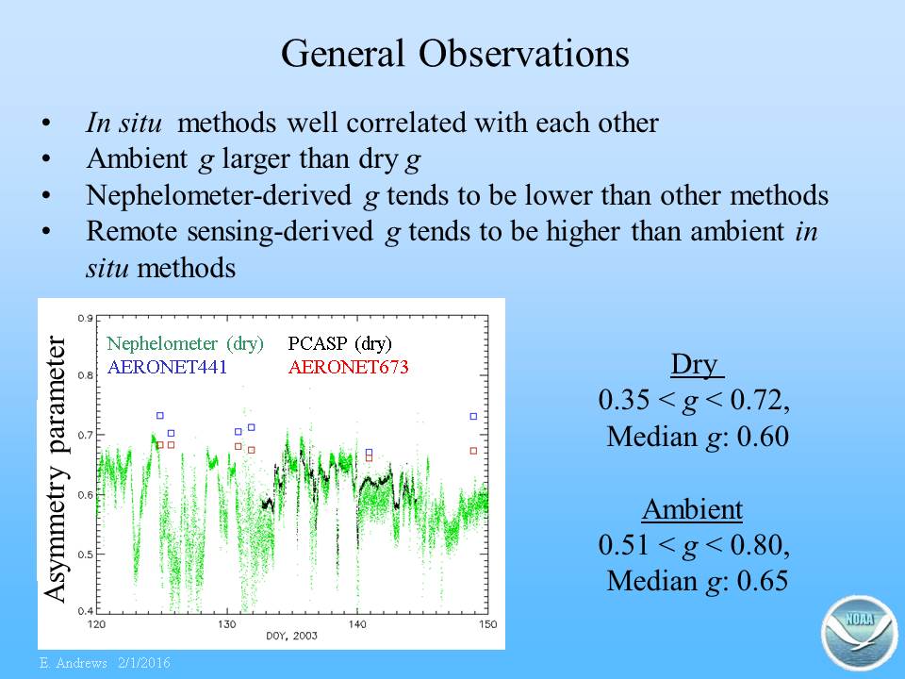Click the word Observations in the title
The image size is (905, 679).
[523, 54]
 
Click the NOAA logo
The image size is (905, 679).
[860, 633]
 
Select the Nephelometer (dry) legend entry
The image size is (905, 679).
[186, 343]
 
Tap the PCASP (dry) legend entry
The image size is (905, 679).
[340, 343]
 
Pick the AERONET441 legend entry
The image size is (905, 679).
[167, 367]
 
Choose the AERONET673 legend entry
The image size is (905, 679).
[349, 367]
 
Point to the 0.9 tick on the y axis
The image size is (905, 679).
[86, 318]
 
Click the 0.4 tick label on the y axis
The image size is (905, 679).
[86, 611]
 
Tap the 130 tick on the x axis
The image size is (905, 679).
[227, 624]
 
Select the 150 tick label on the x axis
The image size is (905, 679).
[487, 624]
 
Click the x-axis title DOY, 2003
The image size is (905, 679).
[291, 636]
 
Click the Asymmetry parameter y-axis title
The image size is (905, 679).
[56, 469]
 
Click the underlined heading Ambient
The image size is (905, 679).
[692, 509]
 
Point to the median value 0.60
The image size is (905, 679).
[763, 437]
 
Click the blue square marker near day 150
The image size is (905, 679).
[473, 416]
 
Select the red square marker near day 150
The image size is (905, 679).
[473, 451]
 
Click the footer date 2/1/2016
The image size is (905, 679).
[144, 663]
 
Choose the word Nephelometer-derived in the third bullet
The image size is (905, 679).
[219, 195]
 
